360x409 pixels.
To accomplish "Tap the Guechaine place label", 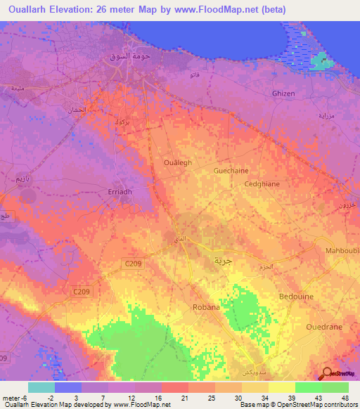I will pyautogui.click(x=231, y=170).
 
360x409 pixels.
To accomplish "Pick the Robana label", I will pyautogui.click(x=207, y=307).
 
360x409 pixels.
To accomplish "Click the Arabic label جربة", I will pyautogui.click(x=222, y=260).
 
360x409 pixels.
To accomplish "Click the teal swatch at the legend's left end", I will pyautogui.click(x=41, y=387).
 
